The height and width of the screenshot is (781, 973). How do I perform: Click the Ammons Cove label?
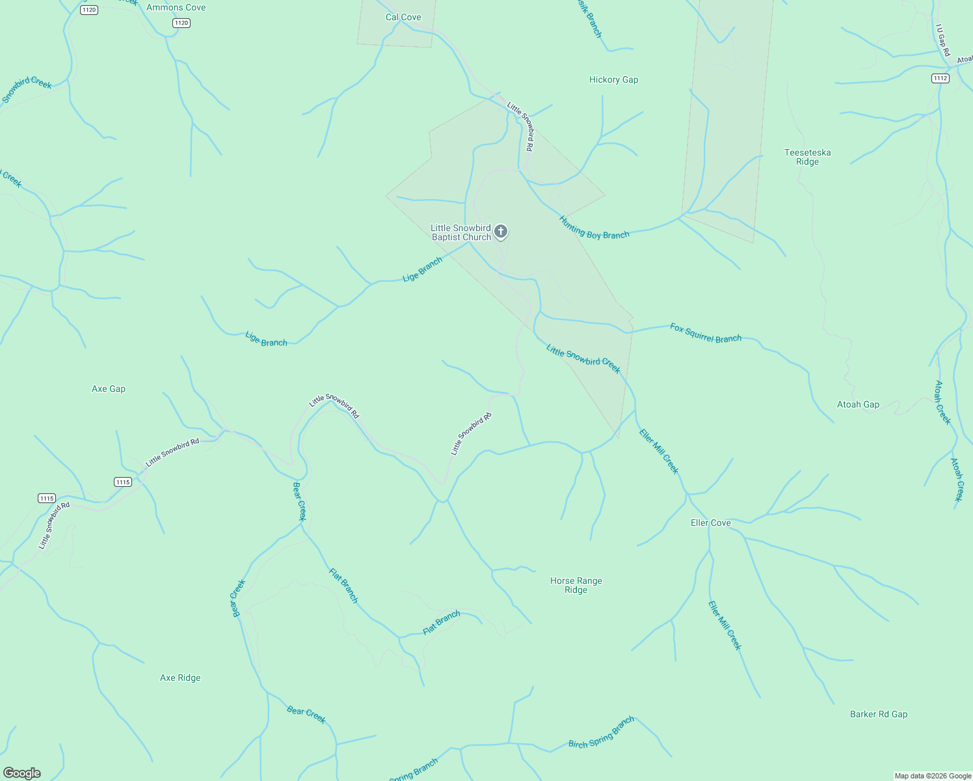[x=176, y=8]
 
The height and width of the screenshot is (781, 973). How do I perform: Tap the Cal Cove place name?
[x=403, y=17]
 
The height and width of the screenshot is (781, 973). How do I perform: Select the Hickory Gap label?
[x=613, y=79]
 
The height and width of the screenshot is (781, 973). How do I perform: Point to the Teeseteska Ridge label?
[x=807, y=157]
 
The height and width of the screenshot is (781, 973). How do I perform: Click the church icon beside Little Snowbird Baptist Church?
[x=501, y=231]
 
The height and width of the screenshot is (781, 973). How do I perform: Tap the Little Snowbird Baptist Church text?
[x=461, y=232]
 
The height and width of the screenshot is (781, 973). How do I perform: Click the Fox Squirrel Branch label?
[x=706, y=333]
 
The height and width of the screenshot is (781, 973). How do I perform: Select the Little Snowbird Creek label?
[x=583, y=359]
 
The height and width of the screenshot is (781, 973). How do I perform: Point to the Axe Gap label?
[x=109, y=389]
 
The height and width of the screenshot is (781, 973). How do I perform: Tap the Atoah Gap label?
[x=858, y=404]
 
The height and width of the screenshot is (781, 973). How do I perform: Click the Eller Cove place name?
[x=710, y=523]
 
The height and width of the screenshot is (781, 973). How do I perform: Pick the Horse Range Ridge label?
[x=576, y=585]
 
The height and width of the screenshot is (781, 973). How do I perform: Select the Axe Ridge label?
[x=180, y=678]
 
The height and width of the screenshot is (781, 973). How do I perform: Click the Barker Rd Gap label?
[x=878, y=714]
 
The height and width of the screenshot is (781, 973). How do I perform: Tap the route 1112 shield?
[x=940, y=78]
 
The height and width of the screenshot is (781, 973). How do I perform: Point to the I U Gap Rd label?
[x=943, y=40]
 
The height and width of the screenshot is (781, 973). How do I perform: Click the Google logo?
[x=21, y=773]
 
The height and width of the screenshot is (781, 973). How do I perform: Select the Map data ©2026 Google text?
[x=932, y=776]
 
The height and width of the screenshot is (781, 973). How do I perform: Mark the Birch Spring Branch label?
[x=601, y=733]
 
